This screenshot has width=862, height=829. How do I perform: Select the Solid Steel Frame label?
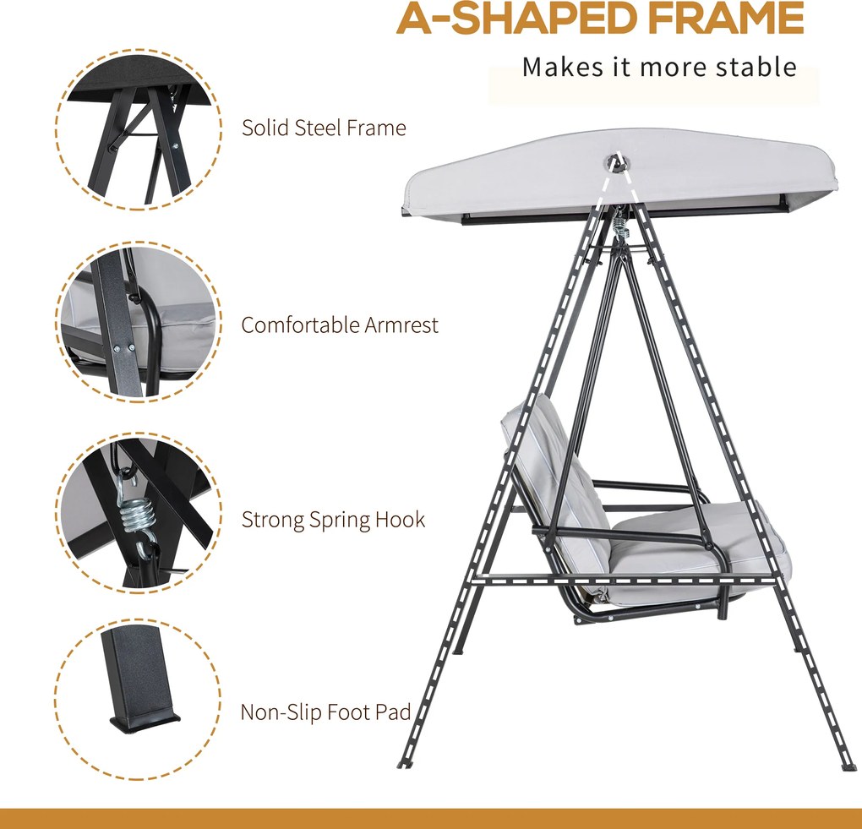[x=324, y=128]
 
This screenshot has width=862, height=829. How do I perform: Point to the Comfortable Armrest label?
[x=340, y=325]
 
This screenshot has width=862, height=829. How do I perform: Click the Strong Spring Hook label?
[x=333, y=520]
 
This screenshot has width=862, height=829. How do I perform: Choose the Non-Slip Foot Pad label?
[x=325, y=712]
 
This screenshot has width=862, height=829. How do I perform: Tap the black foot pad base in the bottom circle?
[x=145, y=722]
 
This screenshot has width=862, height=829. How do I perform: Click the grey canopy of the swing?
[x=620, y=174]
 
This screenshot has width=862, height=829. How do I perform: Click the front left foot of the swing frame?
[x=404, y=764]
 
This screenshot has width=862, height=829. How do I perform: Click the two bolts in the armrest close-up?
[x=123, y=347]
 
